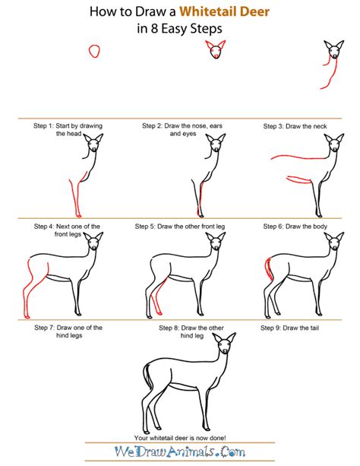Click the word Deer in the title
255,11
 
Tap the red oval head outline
94,51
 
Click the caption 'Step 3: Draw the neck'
295,126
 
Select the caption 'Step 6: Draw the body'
295,227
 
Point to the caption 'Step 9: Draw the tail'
289,328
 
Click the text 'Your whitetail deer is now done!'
180,438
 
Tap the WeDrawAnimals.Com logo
180,452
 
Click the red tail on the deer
269,269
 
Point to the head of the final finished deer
224,344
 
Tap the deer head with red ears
216,49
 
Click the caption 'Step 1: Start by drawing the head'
68,129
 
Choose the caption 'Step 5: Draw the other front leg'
180,227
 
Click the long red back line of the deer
300,157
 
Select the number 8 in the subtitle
154,29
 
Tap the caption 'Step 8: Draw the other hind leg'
191,331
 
